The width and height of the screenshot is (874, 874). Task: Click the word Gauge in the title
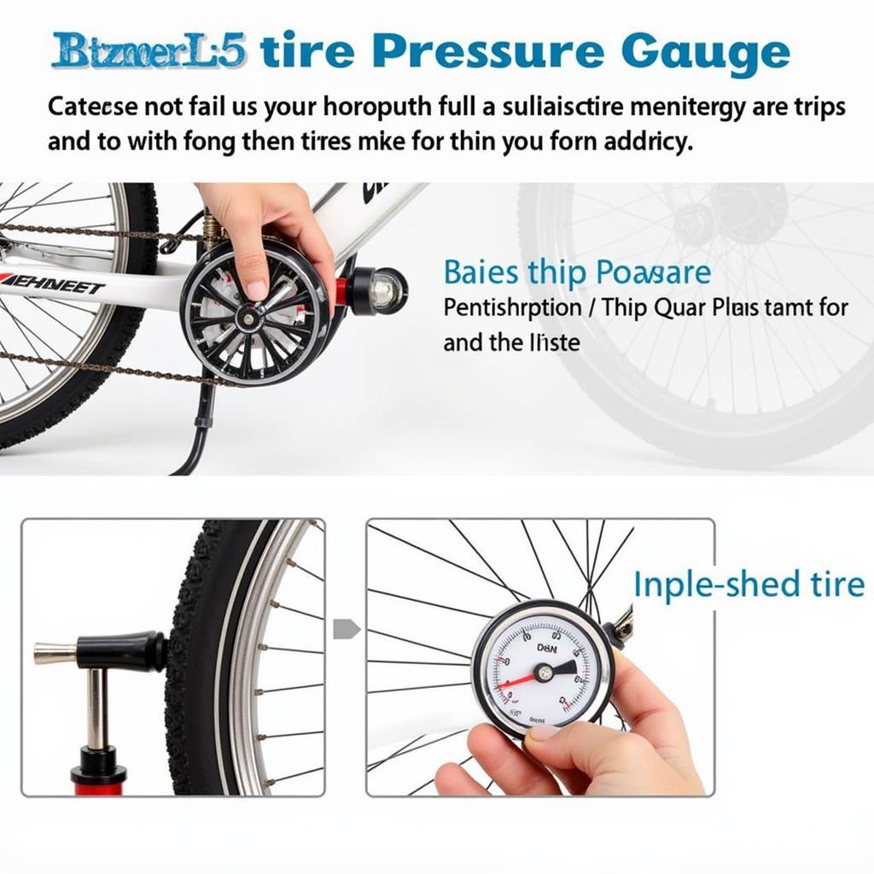tap(704, 53)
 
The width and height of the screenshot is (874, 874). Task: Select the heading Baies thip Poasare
tap(576, 273)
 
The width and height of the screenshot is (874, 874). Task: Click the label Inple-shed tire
tap(749, 586)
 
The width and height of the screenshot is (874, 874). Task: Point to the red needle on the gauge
tap(516, 679)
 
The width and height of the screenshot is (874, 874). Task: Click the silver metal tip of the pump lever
tap(53, 654)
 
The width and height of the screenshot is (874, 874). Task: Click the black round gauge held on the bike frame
tap(254, 312)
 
